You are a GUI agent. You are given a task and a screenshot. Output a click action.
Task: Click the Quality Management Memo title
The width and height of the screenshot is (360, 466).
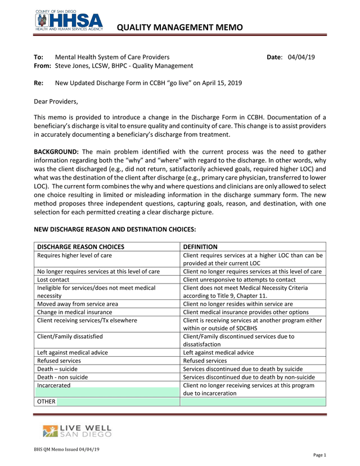[183, 27]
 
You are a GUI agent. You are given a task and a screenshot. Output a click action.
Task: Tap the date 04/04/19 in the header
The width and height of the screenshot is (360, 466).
[301, 57]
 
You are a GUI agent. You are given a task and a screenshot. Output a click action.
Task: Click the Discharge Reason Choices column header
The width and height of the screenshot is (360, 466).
[80, 247]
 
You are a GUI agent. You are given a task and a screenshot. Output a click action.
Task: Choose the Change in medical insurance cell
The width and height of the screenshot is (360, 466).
[74, 312]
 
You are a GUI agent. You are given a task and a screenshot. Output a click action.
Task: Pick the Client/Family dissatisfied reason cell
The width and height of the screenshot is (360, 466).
[70, 337]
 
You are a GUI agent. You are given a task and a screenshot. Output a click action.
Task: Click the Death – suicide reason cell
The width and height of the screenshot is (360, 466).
[57, 369]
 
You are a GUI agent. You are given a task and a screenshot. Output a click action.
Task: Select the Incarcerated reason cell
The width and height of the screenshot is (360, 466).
[54, 386]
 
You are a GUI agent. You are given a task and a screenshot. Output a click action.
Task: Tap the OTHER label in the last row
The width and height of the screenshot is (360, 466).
[46, 402]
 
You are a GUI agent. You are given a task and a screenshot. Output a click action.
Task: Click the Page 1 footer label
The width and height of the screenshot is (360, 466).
[319, 455]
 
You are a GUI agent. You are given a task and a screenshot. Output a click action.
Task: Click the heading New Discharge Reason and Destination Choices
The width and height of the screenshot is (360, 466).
[115, 229]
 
